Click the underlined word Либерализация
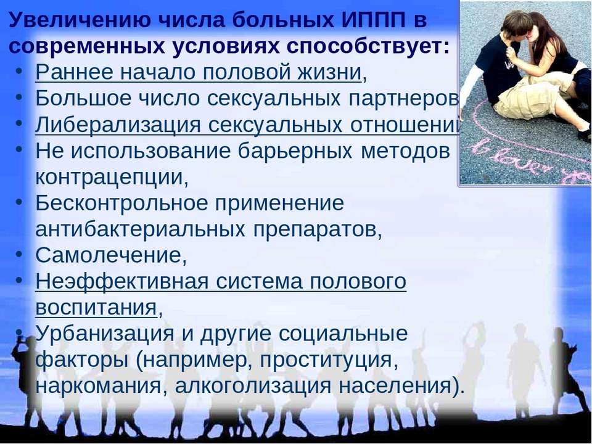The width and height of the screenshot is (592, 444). tap(118, 125)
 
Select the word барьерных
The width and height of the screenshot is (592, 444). tap(295, 151)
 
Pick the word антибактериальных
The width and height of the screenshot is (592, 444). tap(140, 229)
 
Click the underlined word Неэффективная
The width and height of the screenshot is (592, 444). tap(121, 281)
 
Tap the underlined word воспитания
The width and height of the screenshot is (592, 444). tap(96, 307)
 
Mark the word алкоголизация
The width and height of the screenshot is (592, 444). tap(252, 386)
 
